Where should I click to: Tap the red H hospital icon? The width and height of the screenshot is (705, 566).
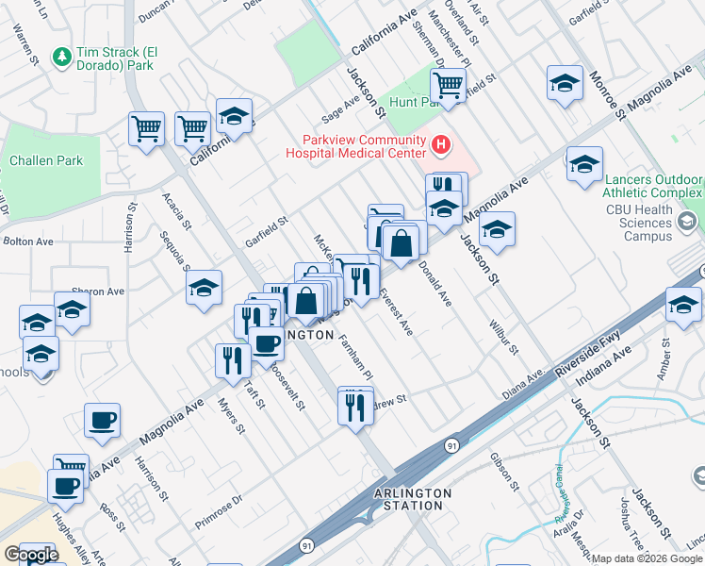point(440,145)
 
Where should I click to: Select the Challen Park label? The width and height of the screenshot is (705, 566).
point(46,160)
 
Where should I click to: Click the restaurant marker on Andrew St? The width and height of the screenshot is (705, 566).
point(354,407)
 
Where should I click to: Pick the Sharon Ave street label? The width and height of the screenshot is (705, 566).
point(98,291)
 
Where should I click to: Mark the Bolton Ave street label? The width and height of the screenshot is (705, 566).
point(28,241)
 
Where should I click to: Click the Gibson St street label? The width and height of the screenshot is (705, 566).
point(505,472)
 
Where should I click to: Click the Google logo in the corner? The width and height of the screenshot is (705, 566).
point(31,555)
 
